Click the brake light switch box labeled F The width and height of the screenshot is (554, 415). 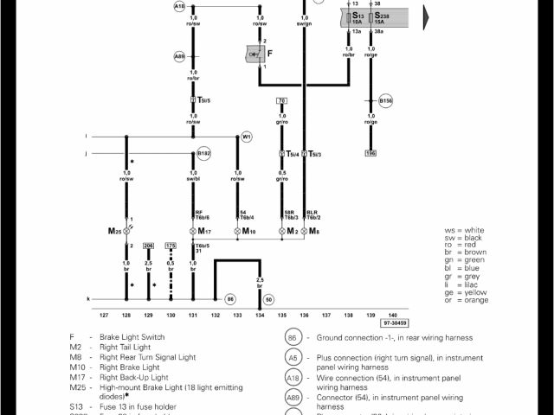(255, 54)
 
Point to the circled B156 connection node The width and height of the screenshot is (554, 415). (386, 100)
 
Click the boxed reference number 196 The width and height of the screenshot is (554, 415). (370, 153)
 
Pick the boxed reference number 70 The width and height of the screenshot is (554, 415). (281, 101)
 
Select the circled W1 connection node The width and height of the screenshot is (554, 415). (246, 137)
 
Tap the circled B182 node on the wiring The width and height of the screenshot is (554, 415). (204, 153)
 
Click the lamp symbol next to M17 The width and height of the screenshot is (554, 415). (193, 232)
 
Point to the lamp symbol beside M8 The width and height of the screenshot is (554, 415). (303, 232)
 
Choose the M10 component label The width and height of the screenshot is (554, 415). (249, 232)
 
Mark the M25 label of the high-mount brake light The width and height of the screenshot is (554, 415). (114, 232)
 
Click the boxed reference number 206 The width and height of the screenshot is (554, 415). (149, 246)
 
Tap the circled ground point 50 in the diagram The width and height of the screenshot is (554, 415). (268, 299)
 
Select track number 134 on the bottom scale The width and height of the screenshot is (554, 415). (260, 316)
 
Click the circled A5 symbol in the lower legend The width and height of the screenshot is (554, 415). (293, 358)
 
